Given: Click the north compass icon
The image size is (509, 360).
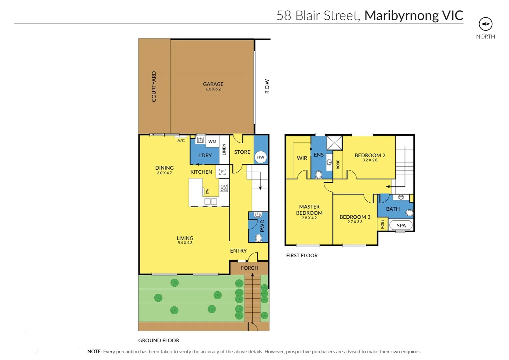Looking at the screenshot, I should pos(485,24).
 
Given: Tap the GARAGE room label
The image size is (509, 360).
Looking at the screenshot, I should pos(213,84).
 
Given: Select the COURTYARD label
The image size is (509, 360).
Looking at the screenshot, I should pos(154,87).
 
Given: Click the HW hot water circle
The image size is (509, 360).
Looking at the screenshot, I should pos(261,157).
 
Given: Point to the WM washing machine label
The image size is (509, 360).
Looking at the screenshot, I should pos(212,142).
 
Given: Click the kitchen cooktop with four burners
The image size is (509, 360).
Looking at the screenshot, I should pos(224,188).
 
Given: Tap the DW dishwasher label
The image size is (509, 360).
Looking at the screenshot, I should pos(207,191).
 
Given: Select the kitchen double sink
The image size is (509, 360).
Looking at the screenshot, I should pos(211,201).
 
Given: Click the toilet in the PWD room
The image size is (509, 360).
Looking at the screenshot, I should pos(258,238).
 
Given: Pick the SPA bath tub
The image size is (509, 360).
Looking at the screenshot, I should pos(401,226).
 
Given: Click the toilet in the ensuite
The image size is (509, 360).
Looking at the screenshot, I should pos(318,175).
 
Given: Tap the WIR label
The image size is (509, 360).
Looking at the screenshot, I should pos(302,158).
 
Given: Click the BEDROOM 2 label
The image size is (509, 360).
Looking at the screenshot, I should pos(370,155).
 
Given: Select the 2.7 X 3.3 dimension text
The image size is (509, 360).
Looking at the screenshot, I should pos(355,222).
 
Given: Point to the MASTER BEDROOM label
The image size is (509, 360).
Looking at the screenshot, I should pos(309,210).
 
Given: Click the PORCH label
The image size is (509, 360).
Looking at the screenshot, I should pos(249,268).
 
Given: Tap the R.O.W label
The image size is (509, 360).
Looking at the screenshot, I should pos(267,86).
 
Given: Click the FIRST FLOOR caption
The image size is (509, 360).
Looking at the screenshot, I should pos(302,255).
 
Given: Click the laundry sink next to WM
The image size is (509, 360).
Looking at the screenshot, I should pos(200,140).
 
